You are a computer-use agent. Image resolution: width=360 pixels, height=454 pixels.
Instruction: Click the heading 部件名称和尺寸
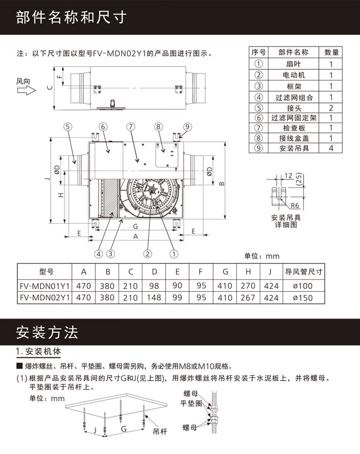71,18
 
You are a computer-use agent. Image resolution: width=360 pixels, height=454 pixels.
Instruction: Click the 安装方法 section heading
47,332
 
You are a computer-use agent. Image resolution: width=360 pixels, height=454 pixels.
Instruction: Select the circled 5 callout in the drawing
68,127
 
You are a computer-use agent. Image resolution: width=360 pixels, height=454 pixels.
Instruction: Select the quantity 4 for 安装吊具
331,148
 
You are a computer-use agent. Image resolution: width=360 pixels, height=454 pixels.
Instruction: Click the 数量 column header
331,52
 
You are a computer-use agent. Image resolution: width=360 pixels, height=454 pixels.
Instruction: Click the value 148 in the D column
154,298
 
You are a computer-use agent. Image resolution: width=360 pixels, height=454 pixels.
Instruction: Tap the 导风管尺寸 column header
304,272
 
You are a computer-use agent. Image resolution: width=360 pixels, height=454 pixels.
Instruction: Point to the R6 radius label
296,206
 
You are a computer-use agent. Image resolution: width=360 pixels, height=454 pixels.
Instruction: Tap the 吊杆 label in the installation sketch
161,431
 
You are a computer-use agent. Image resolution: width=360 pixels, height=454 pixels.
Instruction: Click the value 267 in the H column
248,298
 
